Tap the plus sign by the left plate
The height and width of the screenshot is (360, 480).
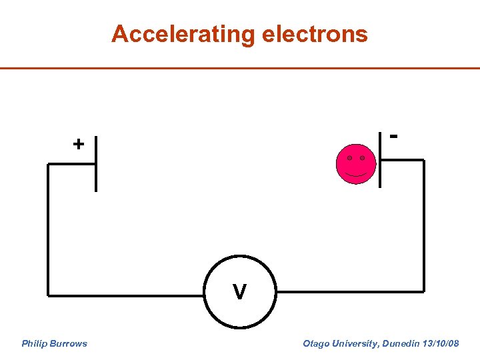click(79, 144)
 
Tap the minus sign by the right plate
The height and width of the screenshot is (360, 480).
click(395, 136)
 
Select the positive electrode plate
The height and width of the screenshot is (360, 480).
click(95, 163)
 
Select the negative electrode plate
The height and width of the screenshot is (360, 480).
click(379, 159)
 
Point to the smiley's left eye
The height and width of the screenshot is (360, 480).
click(349, 158)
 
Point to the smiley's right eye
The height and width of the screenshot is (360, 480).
click(362, 158)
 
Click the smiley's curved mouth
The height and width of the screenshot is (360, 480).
click(356, 174)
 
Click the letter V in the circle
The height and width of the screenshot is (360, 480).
click(239, 292)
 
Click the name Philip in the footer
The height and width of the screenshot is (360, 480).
click(34, 344)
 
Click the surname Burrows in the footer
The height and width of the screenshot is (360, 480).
click(68, 344)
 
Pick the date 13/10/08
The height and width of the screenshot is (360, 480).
click(441, 344)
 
